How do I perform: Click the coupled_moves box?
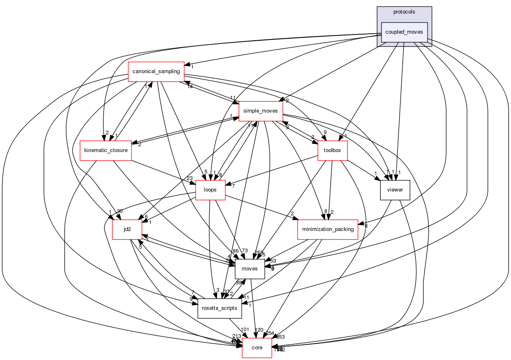[405, 32]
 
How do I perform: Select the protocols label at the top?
[404, 12]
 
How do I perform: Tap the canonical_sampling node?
[156, 72]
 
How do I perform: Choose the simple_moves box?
[260, 111]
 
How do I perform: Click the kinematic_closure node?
[106, 150]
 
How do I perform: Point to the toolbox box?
[333, 150]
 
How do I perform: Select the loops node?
[210, 190]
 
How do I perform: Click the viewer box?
[395, 190]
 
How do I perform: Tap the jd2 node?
[127, 229]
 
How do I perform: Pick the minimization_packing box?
[328, 229]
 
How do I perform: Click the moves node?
[250, 268]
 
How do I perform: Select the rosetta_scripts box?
[220, 308]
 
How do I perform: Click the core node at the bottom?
[257, 348]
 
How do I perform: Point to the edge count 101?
[245, 329]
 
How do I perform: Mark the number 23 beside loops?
[190, 178]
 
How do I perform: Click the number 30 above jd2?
[120, 211]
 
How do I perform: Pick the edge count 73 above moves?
[245, 251]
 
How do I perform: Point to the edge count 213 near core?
[237, 336]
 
